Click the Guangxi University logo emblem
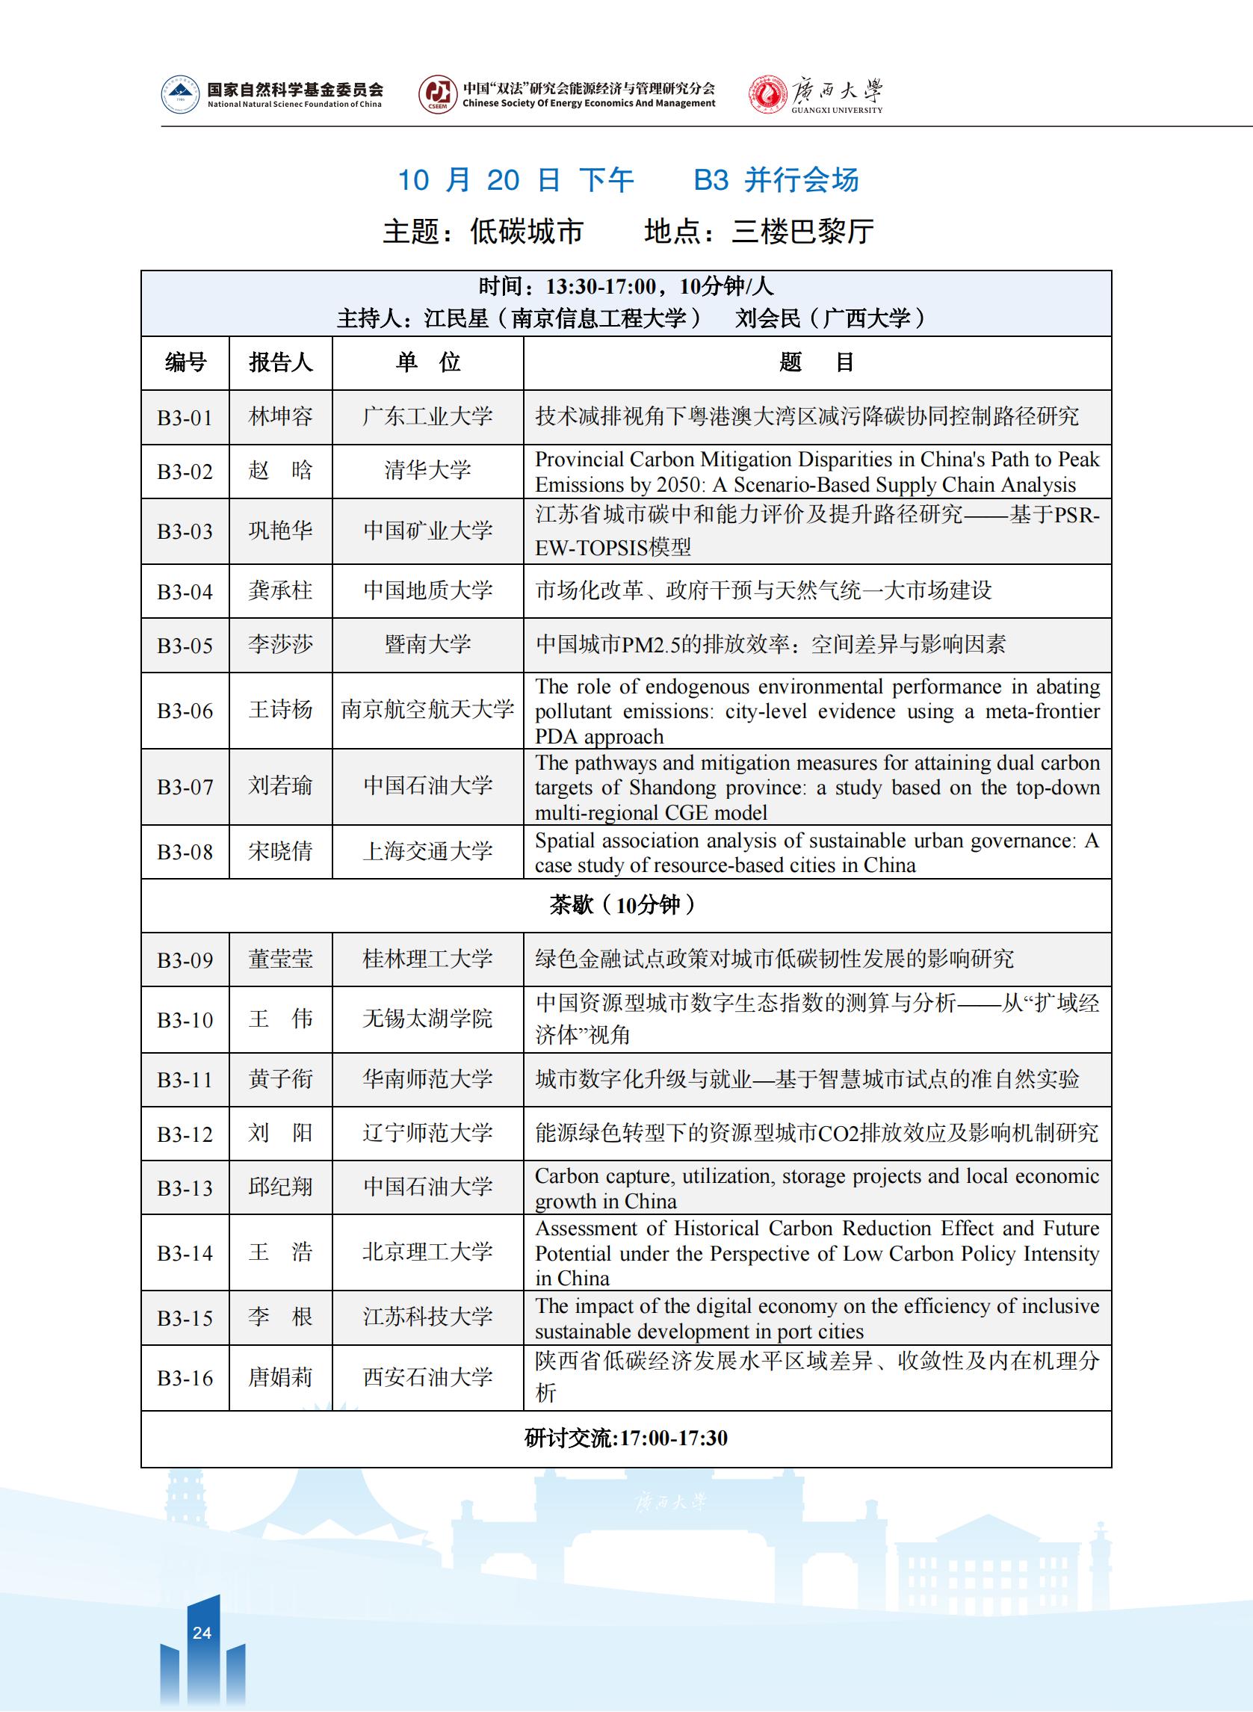767,96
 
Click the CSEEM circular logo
437,95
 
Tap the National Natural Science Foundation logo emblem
180,95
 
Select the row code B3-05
185,646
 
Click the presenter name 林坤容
281,416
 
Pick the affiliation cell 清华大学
428,470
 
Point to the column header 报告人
281,362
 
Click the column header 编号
185,362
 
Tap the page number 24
202,1633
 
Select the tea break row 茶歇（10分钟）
625,905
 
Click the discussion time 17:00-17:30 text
673,1438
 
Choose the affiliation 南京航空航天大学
428,710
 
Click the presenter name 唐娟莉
281,1376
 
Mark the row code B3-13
185,1188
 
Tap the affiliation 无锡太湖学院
428,1019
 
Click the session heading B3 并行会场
776,180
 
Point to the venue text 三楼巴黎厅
802,232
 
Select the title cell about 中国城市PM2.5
770,645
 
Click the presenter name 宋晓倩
281,852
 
